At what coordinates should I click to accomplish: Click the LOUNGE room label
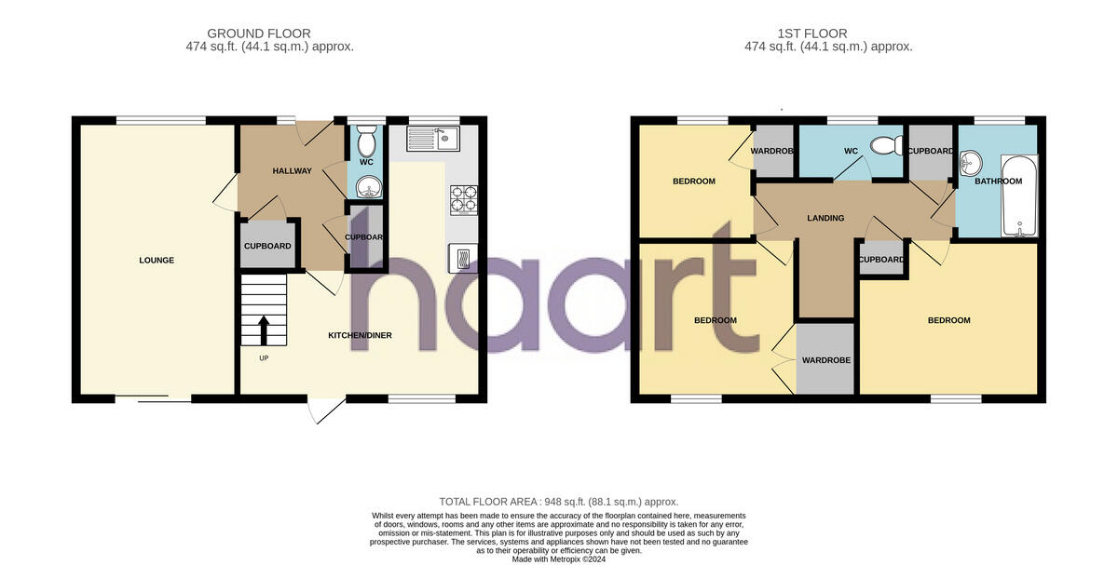point(157,261)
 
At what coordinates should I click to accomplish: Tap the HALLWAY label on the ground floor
point(292,171)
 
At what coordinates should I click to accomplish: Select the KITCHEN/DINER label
point(360,335)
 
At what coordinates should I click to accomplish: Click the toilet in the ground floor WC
point(366,143)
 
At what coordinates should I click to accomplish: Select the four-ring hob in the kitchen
point(463,197)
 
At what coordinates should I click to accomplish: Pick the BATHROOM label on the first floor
point(998,182)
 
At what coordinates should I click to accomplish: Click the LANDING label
point(825,219)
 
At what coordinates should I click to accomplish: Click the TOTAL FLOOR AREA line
point(558,502)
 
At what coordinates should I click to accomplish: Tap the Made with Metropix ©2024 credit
point(558,558)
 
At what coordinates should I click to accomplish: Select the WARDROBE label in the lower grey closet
point(826,360)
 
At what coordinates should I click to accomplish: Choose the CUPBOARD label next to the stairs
point(267,247)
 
